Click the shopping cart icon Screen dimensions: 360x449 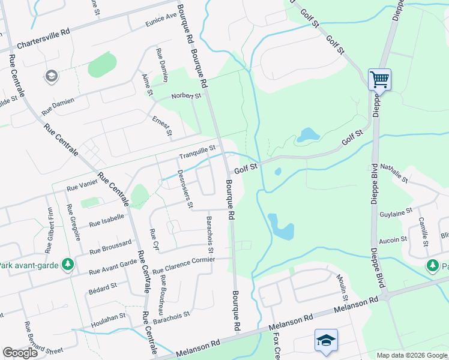tap(379, 79)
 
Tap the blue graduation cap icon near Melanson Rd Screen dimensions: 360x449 tap(326, 340)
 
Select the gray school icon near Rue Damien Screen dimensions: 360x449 tap(51, 76)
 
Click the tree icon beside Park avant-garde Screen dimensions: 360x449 tap(68, 264)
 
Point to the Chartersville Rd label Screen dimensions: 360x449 tap(44, 41)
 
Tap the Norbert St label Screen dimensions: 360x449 tap(186, 95)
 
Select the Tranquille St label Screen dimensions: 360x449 tap(197, 148)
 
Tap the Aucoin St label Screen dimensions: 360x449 tap(393, 239)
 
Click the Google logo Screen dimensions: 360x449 tap(20, 353)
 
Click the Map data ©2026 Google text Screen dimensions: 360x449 tap(412, 355)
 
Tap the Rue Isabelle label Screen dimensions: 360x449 tap(106, 220)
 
